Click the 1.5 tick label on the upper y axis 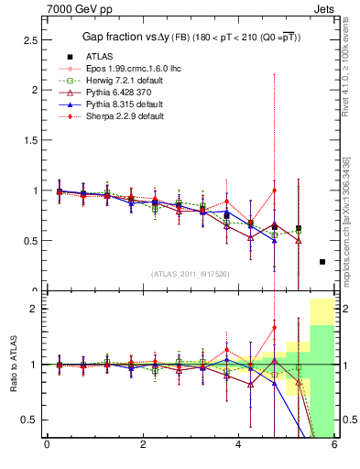pyautogui.click(x=27, y=140)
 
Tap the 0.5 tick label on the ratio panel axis pyautogui.click(x=27, y=420)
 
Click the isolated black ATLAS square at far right pyautogui.click(x=322, y=262)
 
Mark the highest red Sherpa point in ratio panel pyautogui.click(x=274, y=327)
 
